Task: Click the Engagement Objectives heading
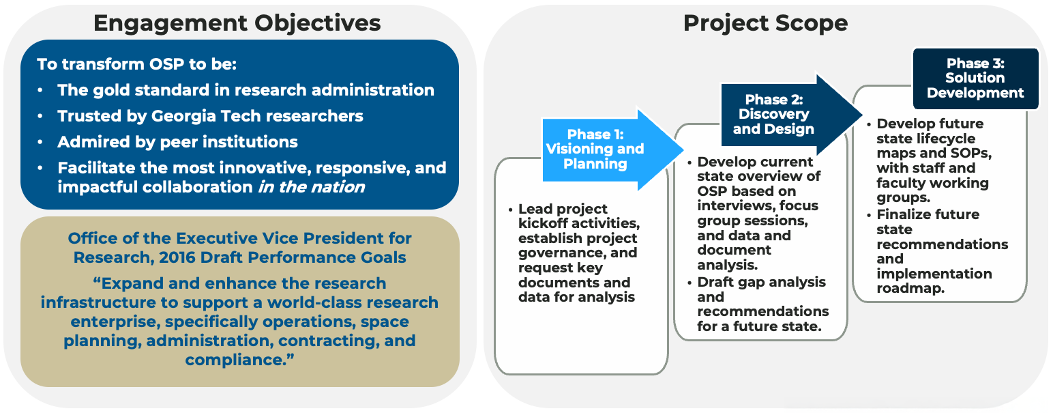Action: tap(237, 23)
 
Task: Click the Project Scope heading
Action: tap(765, 23)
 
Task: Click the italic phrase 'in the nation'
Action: tap(312, 187)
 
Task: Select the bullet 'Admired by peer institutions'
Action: tap(177, 142)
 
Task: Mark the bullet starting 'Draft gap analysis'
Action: tap(761, 282)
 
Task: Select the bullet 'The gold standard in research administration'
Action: tap(246, 90)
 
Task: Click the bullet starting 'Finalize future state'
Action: tap(928, 214)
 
